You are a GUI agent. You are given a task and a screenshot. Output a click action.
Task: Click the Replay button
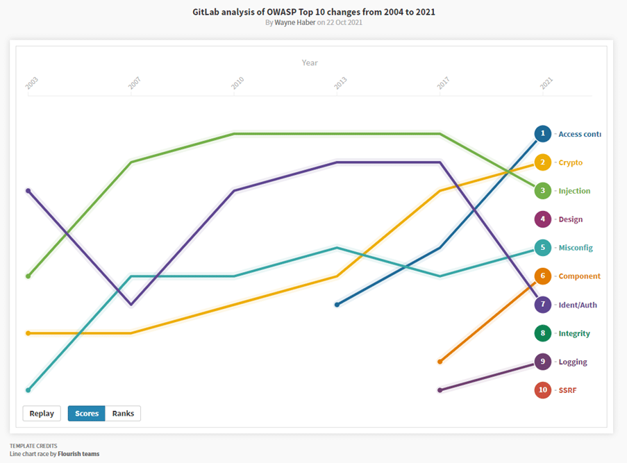42,414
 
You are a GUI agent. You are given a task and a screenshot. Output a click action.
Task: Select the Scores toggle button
86,414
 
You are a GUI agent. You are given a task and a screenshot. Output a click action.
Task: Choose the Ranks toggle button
123,414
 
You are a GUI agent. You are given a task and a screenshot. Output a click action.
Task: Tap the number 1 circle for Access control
543,134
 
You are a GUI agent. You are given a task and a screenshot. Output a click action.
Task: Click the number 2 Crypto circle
543,162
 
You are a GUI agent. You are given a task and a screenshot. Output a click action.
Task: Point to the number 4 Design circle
543,219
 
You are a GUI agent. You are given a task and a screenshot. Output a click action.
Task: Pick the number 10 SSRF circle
543,390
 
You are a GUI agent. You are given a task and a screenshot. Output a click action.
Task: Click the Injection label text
574,191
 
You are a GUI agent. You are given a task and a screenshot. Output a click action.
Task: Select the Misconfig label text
576,248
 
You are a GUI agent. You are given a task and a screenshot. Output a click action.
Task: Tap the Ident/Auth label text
578,305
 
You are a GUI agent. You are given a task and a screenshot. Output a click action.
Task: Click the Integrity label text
574,333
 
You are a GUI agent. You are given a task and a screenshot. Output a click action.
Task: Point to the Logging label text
573,362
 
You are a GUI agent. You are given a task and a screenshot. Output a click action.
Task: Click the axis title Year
310,62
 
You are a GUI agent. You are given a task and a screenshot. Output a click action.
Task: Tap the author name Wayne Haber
295,22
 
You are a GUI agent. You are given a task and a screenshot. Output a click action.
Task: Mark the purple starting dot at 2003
28,190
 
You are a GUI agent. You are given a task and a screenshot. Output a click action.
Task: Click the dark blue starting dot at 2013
337,305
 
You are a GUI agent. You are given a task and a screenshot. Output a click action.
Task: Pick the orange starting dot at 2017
440,362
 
